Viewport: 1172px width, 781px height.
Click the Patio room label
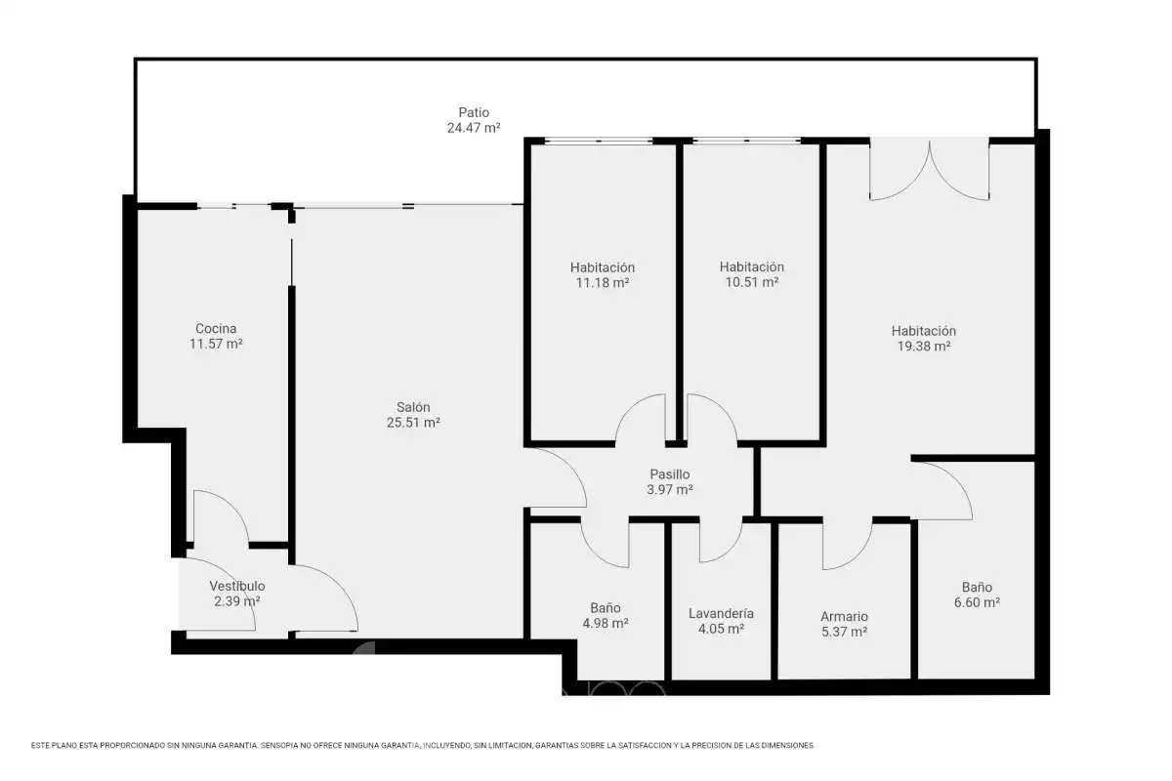click(x=474, y=112)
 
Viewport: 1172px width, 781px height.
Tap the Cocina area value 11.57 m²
click(x=216, y=344)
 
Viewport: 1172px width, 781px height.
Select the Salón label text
click(x=413, y=407)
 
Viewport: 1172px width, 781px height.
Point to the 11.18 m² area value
click(x=603, y=283)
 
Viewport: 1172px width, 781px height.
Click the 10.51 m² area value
click(x=752, y=282)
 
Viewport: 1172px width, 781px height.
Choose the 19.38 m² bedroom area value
click(x=924, y=347)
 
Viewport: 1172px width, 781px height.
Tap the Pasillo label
click(x=670, y=474)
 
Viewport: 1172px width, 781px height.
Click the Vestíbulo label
click(x=237, y=586)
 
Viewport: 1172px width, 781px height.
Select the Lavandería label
click(x=721, y=613)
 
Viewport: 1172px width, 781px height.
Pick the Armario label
click(x=844, y=617)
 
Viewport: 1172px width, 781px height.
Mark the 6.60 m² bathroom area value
click(x=977, y=602)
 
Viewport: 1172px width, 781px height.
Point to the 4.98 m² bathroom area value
click(x=605, y=624)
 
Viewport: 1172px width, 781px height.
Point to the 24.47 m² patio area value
click(x=474, y=128)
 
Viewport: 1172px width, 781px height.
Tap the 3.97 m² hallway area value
click(x=670, y=490)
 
